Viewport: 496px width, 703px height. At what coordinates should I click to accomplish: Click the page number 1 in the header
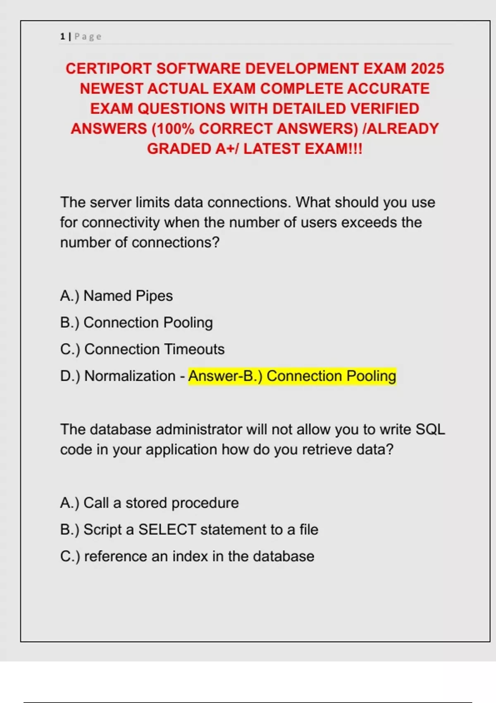point(62,36)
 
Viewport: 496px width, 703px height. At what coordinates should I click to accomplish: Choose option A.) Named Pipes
point(116,296)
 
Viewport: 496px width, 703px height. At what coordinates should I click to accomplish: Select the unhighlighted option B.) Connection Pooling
point(136,323)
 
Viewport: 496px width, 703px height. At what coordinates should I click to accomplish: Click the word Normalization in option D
point(130,376)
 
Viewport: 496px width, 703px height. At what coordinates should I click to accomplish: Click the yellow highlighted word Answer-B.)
point(225,376)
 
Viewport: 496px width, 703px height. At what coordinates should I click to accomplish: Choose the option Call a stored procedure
point(149,503)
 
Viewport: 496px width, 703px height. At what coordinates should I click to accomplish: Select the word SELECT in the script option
point(167,530)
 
